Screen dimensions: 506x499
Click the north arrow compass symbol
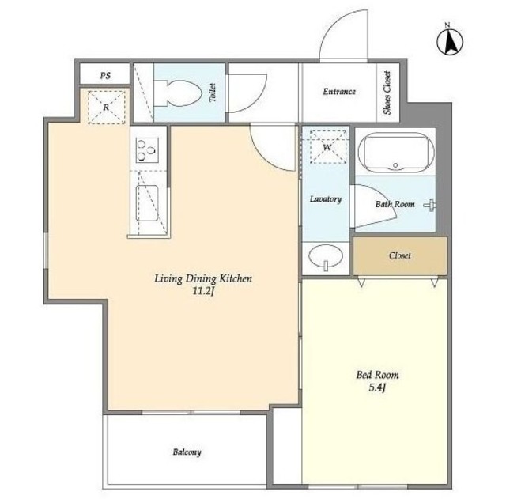pos(450,40)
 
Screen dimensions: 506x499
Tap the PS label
pos(105,76)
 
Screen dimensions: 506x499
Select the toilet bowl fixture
pos(177,93)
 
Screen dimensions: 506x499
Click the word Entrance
pos(339,92)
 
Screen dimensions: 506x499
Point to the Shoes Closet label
pos(387,93)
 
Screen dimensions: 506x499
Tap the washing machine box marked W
pos(327,147)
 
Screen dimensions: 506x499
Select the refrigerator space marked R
pos(106,108)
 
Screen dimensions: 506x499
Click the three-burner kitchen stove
pos(147,150)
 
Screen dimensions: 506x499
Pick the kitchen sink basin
pos(147,203)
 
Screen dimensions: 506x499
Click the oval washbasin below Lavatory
pos(326,256)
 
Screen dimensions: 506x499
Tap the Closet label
pos(400,255)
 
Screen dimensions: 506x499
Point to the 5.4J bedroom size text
pos(378,387)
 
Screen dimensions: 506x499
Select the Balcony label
pos(187,452)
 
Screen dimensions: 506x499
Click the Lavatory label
pos(326,199)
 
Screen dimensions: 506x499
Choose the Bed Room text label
pos(378,375)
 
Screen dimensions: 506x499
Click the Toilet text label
pos(212,93)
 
